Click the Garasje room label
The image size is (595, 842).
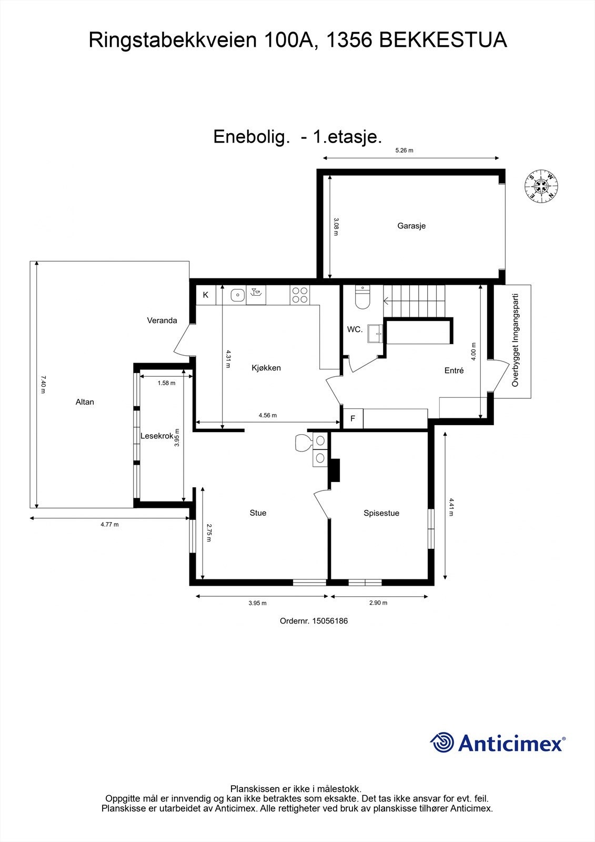click(411, 226)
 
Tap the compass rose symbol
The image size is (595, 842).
click(541, 186)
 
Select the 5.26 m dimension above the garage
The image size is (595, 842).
click(404, 151)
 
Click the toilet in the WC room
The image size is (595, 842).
click(362, 297)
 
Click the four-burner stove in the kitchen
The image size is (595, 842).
click(300, 295)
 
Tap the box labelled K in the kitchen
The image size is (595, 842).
click(206, 295)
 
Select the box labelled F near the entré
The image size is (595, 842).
click(353, 419)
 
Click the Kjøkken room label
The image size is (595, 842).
click(266, 368)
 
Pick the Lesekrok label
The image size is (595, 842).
click(157, 436)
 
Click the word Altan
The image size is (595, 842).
click(85, 402)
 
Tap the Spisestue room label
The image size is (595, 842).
click(381, 513)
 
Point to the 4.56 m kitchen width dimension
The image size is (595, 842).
click(267, 415)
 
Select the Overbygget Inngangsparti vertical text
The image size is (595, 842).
click(516, 340)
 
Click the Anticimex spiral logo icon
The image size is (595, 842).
click(442, 743)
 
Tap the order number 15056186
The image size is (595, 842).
click(330, 621)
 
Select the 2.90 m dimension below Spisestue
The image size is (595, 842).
click(378, 603)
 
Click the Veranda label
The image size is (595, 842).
click(162, 320)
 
